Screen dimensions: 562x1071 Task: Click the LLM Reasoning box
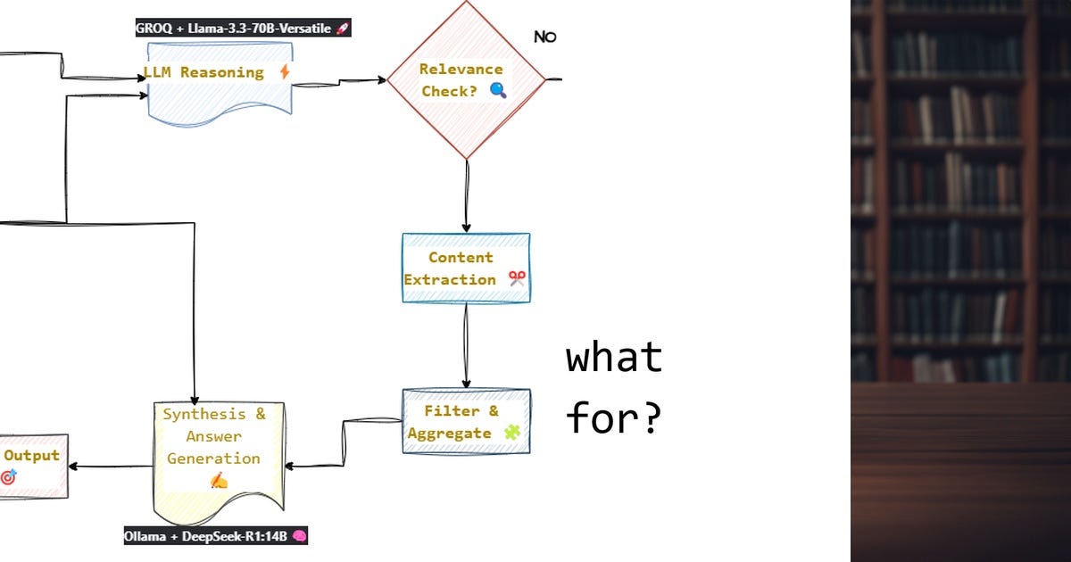pyautogui.click(x=220, y=85)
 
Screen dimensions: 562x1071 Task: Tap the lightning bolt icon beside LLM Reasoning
pyautogui.click(x=285, y=72)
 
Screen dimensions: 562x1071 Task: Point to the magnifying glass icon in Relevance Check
pyautogui.click(x=498, y=90)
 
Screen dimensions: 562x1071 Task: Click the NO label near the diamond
pyautogui.click(x=544, y=37)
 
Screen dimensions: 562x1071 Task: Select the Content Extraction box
pyautogui.click(x=465, y=268)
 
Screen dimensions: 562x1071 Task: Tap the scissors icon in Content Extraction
pyautogui.click(x=517, y=278)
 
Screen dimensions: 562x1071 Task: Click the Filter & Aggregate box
pyautogui.click(x=466, y=421)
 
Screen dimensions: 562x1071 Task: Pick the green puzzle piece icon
pyautogui.click(x=511, y=433)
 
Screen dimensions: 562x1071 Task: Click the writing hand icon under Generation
pyautogui.click(x=219, y=481)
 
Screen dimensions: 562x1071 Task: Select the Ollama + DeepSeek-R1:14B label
pyautogui.click(x=215, y=536)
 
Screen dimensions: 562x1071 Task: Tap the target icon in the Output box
pyautogui.click(x=9, y=477)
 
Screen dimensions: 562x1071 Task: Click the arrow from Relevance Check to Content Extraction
pyautogui.click(x=466, y=196)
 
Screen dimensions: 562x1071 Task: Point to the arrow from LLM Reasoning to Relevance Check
pyautogui.click(x=339, y=82)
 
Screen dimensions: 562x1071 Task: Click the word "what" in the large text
pyautogui.click(x=614, y=358)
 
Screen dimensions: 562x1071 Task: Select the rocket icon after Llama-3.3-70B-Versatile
pyautogui.click(x=342, y=29)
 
